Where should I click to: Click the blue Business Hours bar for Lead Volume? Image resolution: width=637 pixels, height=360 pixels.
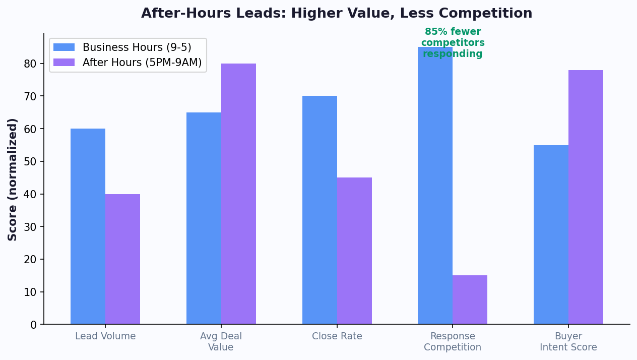tap(88, 226)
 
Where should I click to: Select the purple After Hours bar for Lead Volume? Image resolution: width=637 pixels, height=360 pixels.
tap(122, 259)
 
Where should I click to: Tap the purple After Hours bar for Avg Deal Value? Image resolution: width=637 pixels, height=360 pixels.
tap(238, 194)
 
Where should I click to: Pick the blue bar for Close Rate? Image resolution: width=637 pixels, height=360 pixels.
tap(320, 210)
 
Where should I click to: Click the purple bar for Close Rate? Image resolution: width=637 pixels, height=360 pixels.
tap(354, 251)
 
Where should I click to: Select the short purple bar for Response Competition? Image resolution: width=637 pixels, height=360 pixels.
tap(470, 300)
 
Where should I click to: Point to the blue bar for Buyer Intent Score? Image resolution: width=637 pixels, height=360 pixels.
tap(551, 235)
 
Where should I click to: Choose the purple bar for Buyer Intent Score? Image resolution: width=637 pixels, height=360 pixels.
tap(586, 197)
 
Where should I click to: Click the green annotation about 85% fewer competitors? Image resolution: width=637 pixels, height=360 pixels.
tap(453, 43)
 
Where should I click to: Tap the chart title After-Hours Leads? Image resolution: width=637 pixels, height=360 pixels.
tap(336, 14)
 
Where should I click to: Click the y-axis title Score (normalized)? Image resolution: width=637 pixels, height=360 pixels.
tap(13, 179)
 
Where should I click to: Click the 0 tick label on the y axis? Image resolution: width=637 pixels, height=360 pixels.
tap(34, 325)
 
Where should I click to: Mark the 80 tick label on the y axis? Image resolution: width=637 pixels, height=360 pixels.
tap(31, 64)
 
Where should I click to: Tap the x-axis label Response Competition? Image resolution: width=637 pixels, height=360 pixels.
tap(452, 342)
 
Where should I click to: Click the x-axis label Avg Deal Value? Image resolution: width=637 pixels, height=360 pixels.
tap(221, 342)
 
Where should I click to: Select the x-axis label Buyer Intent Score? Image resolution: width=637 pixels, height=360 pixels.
tap(568, 342)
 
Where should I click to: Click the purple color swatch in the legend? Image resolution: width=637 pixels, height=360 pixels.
tap(64, 63)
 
